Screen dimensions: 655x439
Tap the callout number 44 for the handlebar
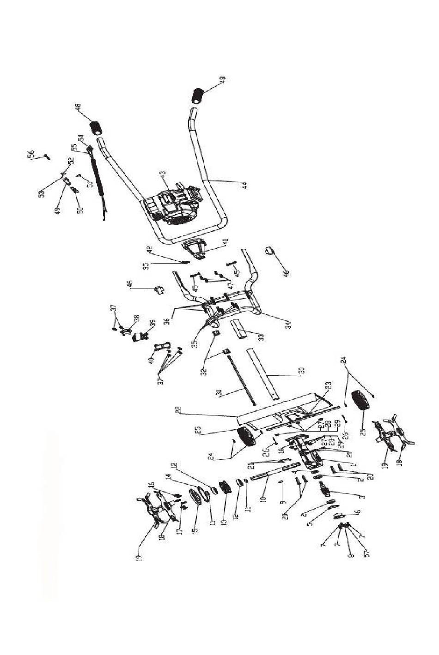pos(245,184)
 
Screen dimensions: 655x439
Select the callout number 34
pos(288,324)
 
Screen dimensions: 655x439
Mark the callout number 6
pos(358,512)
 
